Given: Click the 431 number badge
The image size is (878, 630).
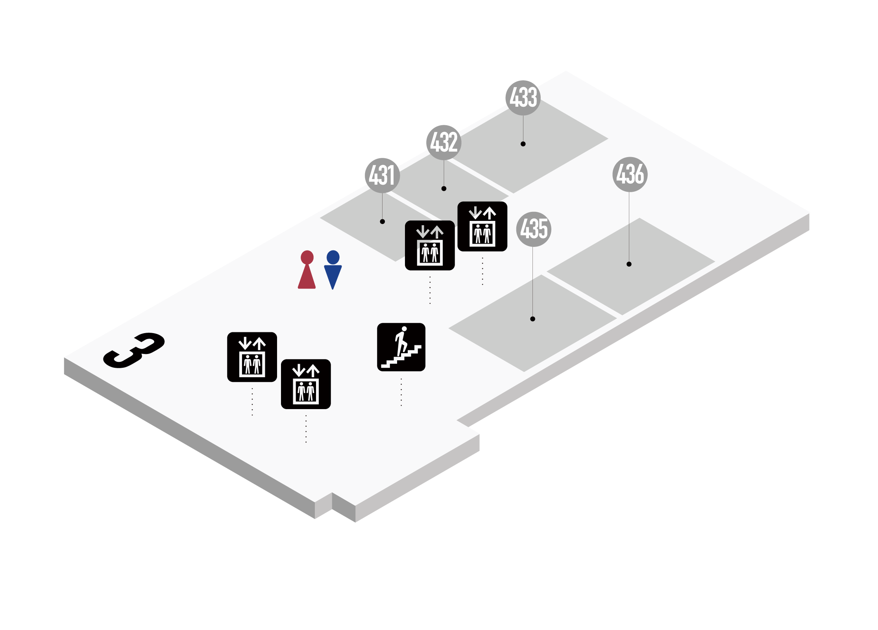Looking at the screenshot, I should [x=382, y=176].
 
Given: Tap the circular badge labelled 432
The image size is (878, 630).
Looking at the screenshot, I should [x=444, y=143].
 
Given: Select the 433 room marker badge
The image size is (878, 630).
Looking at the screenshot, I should [x=523, y=98].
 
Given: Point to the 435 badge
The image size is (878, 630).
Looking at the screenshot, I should [x=534, y=229].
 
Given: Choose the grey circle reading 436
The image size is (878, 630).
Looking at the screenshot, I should [x=630, y=174].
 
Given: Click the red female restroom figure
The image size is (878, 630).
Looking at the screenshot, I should [x=307, y=270].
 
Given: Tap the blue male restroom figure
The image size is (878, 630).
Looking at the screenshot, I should [x=333, y=270].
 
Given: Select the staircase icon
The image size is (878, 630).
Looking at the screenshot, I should [x=401, y=347].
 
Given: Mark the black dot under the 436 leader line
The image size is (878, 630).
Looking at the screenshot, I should [x=629, y=264].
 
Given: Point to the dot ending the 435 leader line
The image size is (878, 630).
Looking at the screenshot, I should [x=532, y=319].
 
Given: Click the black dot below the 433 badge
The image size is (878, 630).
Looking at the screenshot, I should [x=523, y=144].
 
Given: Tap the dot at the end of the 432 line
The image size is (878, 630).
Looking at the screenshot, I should [x=444, y=189].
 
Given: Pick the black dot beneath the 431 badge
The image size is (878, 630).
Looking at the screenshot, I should [x=382, y=222].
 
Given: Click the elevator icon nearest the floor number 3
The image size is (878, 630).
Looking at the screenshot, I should [x=252, y=357].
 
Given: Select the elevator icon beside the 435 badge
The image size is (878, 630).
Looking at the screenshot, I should [x=482, y=226].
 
